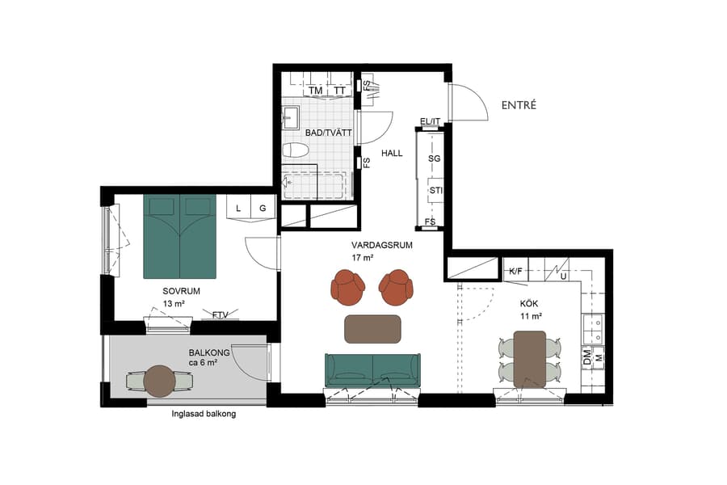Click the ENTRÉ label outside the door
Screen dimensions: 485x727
click(x=519, y=105)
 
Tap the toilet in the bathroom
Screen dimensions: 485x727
click(x=296, y=150)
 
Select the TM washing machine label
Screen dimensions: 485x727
click(x=315, y=91)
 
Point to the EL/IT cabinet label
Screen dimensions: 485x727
click(x=430, y=122)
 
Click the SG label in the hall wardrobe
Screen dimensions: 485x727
click(x=434, y=159)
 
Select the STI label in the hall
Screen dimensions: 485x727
click(x=435, y=192)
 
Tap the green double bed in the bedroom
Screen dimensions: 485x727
click(x=179, y=235)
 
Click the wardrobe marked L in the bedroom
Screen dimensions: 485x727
click(x=238, y=209)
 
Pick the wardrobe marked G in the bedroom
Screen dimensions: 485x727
click(x=263, y=209)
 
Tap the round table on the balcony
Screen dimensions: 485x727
click(x=160, y=381)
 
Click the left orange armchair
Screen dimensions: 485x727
click(x=347, y=285)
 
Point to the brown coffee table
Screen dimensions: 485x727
click(x=372, y=329)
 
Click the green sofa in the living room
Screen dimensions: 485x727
click(x=372, y=369)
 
